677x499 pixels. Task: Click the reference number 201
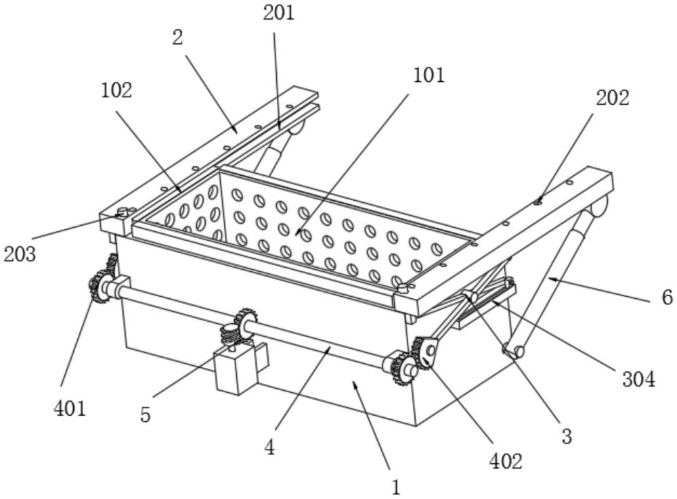coord(279,12)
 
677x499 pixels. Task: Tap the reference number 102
coord(116,90)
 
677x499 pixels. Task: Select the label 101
coord(429,76)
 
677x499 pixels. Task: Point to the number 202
coord(613,98)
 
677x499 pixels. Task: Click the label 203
coord(20,254)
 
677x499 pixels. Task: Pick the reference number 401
coord(70,408)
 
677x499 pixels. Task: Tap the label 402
coord(506,461)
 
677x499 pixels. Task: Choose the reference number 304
coord(638,379)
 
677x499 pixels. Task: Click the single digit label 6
coord(667,297)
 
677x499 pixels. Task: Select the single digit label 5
coord(146,414)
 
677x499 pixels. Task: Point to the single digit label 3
coord(567,436)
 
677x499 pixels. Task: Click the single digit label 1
coord(395,488)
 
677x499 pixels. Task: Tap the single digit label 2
coord(177,37)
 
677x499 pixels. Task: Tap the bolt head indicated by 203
coord(123,212)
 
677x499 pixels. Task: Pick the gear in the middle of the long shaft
coord(245,324)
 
